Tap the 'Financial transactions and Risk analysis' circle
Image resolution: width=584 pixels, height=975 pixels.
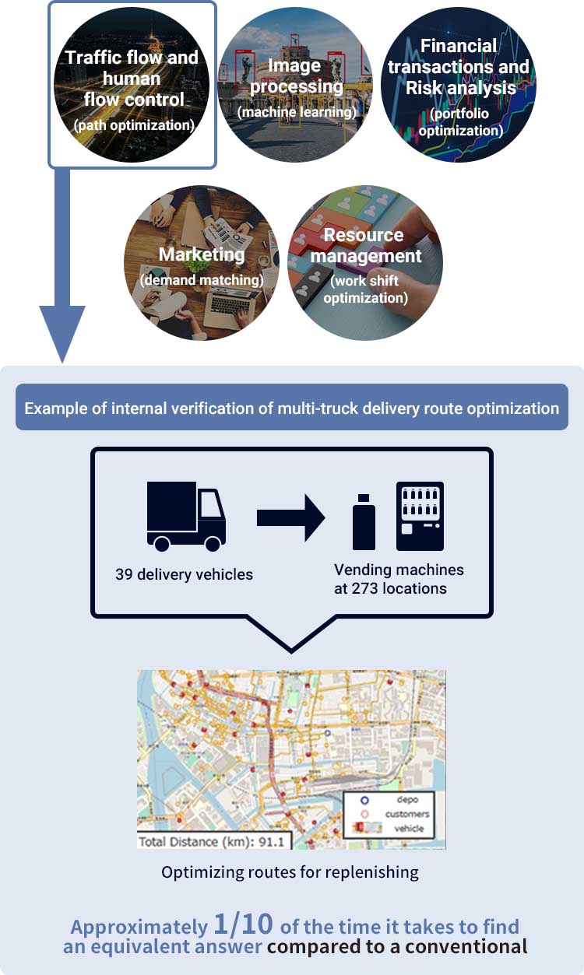coord(459,86)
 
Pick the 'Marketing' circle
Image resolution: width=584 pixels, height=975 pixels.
coord(202,262)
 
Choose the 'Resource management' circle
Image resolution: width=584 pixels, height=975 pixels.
coord(364,262)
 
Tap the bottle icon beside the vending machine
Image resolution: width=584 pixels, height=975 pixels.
coord(364,521)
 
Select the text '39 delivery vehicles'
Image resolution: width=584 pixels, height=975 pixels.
coord(185,575)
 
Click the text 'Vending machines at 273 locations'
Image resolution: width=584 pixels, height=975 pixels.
coord(399,579)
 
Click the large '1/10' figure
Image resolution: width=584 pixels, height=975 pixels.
coord(243,924)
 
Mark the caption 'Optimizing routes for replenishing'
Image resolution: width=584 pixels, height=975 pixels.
coord(290,872)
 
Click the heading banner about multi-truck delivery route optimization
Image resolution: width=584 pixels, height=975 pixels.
coord(292,408)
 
